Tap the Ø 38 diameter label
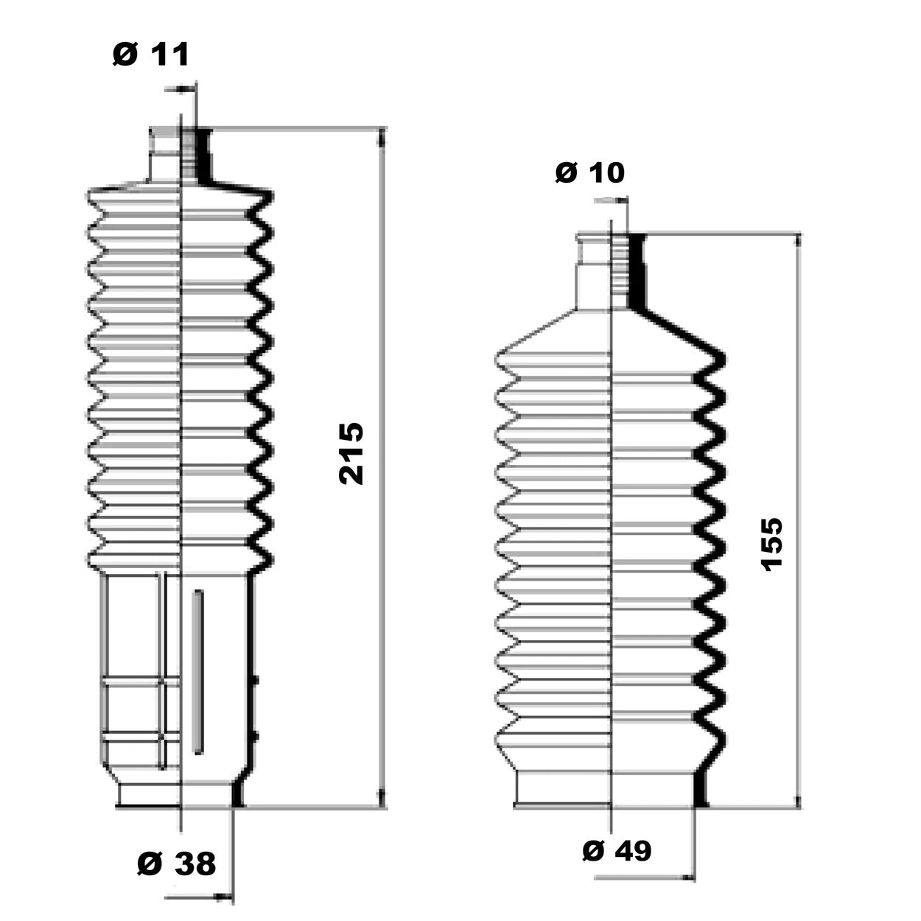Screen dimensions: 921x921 (x=176, y=864)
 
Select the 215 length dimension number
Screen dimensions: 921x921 (x=351, y=453)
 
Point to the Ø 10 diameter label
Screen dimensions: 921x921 (x=589, y=172)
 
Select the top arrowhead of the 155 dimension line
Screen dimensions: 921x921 (x=796, y=243)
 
